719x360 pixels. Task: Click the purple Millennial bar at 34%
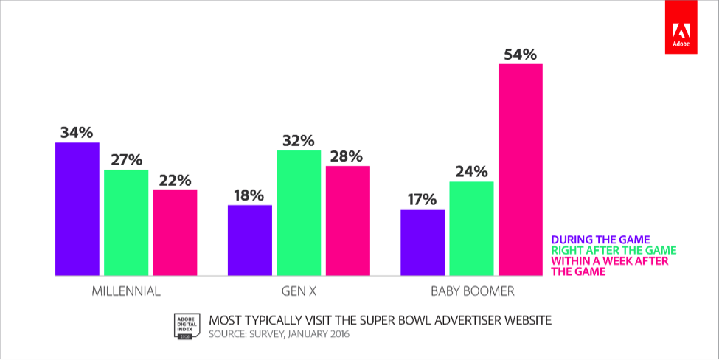(77, 209)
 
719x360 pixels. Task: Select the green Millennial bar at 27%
(126, 223)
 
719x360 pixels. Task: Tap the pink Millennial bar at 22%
(175, 232)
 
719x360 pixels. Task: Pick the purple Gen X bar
(250, 240)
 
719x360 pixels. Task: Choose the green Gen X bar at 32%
(299, 212)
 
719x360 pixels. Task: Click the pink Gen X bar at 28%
(348, 221)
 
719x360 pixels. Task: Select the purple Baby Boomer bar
(423, 242)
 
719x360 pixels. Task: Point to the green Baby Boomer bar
(471, 228)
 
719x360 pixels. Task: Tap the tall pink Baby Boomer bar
(521, 170)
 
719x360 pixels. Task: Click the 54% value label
(521, 54)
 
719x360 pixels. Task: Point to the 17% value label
(423, 199)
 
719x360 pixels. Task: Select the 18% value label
(250, 195)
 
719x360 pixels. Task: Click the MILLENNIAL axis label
(126, 291)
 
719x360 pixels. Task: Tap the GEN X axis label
(299, 291)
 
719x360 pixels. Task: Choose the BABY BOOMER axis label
(471, 291)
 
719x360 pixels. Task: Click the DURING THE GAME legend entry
(600, 239)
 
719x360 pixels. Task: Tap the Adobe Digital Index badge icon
(185, 325)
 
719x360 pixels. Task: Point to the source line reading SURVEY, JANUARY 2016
(279, 334)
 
